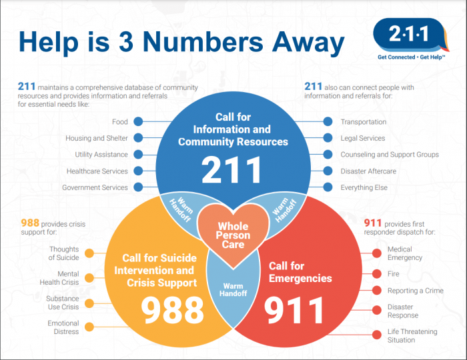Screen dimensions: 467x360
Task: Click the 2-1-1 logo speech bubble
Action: click(411, 35)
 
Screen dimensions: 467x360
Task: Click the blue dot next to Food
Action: click(138, 122)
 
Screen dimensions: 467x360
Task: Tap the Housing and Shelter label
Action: click(97, 139)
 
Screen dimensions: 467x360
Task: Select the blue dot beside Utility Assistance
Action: click(138, 155)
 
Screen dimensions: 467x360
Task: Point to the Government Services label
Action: click(95, 188)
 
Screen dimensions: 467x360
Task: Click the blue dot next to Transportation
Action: click(328, 122)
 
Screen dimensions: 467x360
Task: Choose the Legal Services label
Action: click(363, 139)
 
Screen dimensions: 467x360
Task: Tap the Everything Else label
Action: click(364, 188)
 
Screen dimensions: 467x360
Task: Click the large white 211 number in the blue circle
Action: click(231, 170)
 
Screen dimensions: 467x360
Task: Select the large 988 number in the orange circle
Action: click(172, 310)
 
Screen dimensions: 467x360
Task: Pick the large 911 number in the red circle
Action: click(294, 311)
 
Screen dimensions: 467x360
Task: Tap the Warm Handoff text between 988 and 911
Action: click(233, 290)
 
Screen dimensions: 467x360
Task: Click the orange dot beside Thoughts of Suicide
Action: click(89, 253)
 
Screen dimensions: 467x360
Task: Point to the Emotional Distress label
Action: click(63, 327)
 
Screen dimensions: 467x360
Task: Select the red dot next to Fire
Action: click(377, 274)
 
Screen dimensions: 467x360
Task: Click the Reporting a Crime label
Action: click(416, 291)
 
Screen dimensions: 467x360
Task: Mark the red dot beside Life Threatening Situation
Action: click(377, 335)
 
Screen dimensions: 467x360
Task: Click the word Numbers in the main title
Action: click(203, 41)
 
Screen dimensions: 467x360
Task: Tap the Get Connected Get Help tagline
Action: click(412, 57)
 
